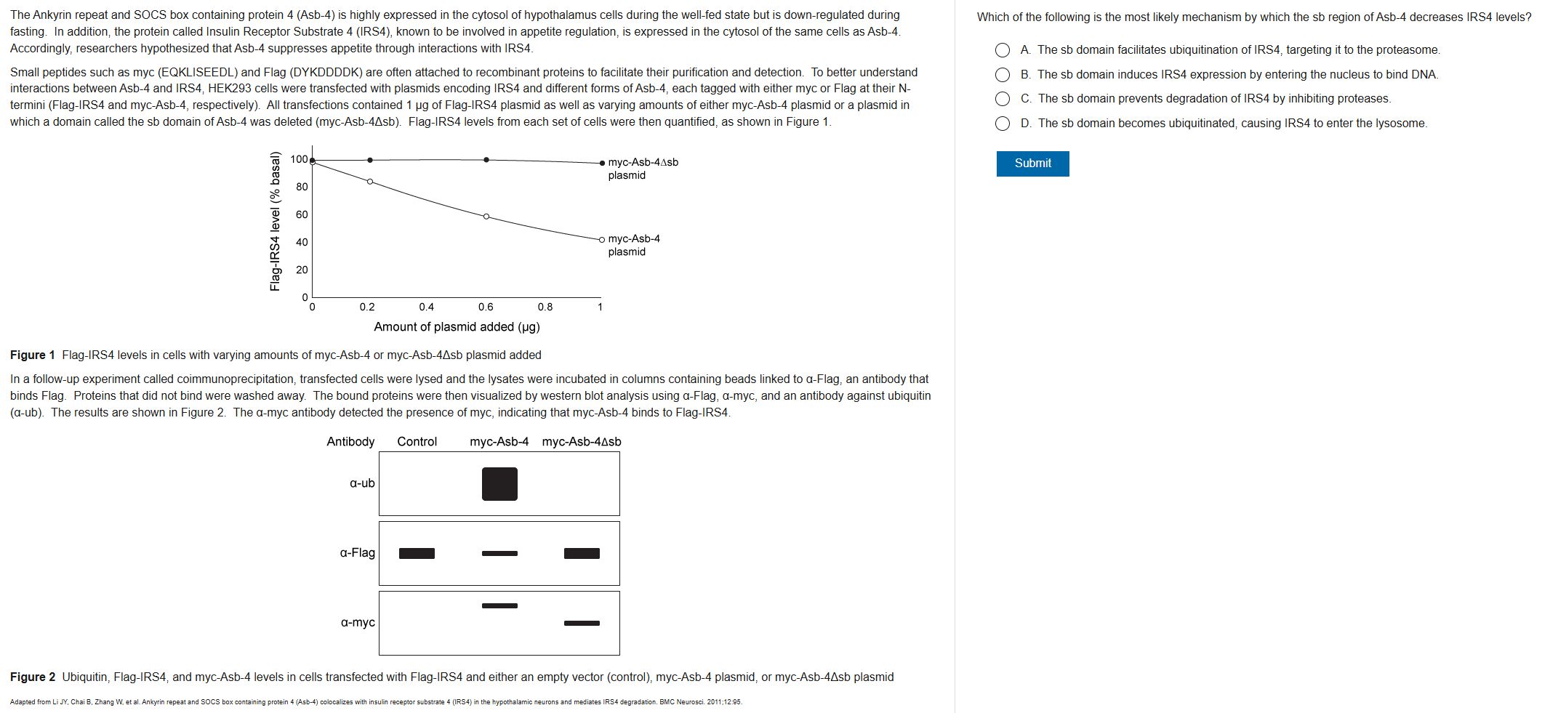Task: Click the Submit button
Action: [1032, 164]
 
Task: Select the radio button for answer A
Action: [1003, 50]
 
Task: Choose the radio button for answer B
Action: [1003, 75]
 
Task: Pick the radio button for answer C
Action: [1003, 99]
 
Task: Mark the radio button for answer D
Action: [1003, 124]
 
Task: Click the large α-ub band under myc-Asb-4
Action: [499, 484]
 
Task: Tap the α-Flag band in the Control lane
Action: [417, 554]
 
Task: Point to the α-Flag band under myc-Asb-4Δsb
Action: [582, 554]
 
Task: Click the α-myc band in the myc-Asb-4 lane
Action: [499, 605]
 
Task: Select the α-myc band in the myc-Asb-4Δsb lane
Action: [582, 623]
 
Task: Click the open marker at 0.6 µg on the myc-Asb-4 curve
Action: [486, 217]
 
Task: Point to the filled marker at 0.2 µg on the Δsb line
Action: [370, 160]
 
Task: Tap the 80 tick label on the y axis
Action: [302, 187]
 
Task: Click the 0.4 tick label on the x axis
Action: [427, 307]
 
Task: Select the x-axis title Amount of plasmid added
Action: [457, 327]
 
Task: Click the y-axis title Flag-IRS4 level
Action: [275, 221]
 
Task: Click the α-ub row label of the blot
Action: [362, 483]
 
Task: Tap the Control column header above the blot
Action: [417, 442]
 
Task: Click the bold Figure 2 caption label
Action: [33, 677]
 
